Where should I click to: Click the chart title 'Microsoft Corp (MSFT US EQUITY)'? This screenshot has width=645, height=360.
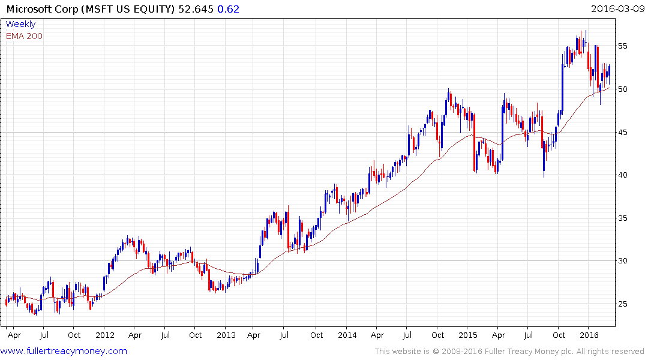click(x=89, y=9)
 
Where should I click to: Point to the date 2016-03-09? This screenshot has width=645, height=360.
click(x=616, y=9)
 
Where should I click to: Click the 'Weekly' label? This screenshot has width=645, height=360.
click(x=20, y=24)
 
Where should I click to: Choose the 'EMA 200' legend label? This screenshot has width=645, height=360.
click(x=24, y=36)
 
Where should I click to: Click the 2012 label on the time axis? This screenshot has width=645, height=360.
click(x=105, y=335)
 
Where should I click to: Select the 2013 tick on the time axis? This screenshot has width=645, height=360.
click(x=226, y=335)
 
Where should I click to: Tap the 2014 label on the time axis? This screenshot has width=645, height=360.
click(x=347, y=335)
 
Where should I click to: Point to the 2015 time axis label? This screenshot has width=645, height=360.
click(x=468, y=335)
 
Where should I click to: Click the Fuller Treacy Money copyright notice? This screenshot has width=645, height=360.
click(x=509, y=352)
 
